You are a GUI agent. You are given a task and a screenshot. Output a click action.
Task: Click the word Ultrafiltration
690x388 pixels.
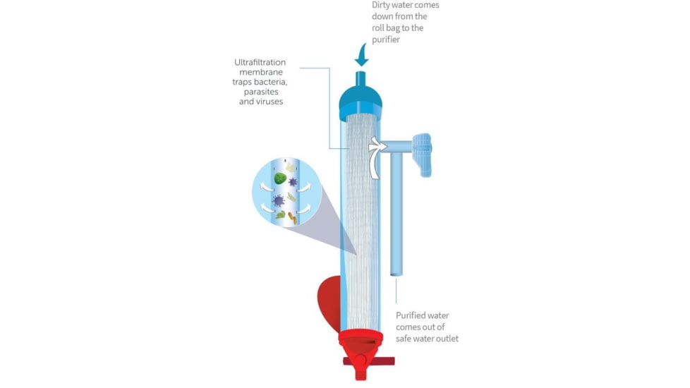click(260, 63)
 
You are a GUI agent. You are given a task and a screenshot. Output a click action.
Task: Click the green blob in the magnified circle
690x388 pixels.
click(280, 180)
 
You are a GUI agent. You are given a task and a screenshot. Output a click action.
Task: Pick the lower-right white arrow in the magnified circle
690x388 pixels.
click(303, 209)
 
